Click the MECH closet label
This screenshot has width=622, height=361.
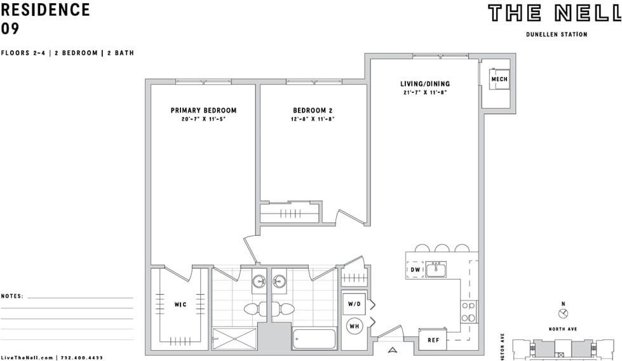pyautogui.click(x=499, y=79)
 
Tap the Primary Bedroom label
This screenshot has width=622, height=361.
pyautogui.click(x=203, y=111)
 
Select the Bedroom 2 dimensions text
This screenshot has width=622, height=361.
pyautogui.click(x=313, y=119)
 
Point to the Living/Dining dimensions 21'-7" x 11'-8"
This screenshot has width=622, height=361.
pyautogui.click(x=425, y=92)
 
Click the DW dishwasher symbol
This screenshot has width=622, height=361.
pyautogui.click(x=416, y=269)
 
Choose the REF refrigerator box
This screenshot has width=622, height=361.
pyautogui.click(x=433, y=340)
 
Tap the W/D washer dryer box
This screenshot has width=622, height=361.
pyautogui.click(x=355, y=304)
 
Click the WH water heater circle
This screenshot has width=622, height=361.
pyautogui.click(x=355, y=327)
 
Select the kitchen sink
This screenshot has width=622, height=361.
pyautogui.click(x=436, y=269)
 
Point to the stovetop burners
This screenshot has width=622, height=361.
pyautogui.click(x=469, y=312)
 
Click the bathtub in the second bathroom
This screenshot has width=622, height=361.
pyautogui.click(x=314, y=339)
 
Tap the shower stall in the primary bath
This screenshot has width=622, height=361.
pyautogui.click(x=234, y=338)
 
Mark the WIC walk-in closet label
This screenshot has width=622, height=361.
pyautogui.click(x=180, y=304)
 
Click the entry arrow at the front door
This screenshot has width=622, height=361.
pyautogui.click(x=392, y=350)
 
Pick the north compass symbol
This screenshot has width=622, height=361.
pyautogui.click(x=564, y=313)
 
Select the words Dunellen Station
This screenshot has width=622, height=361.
pyautogui.click(x=557, y=34)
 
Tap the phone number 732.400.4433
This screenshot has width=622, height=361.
pyautogui.click(x=82, y=358)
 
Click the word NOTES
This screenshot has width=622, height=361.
pyautogui.click(x=12, y=296)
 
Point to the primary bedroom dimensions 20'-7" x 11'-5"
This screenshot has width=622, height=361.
pyautogui.click(x=203, y=119)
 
